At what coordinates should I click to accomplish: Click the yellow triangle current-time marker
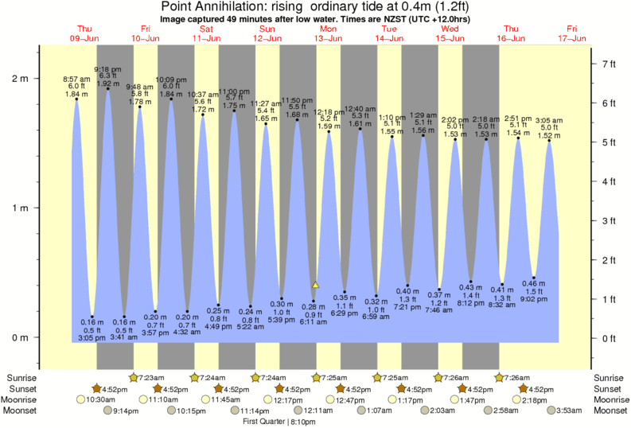(x=315, y=284)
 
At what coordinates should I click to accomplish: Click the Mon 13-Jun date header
(x=328, y=33)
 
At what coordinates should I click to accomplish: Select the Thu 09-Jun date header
(x=84, y=33)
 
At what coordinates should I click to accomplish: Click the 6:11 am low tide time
(x=313, y=321)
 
